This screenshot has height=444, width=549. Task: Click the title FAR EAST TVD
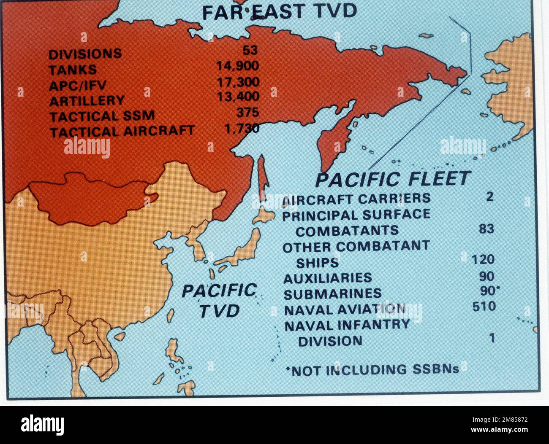(x=279, y=12)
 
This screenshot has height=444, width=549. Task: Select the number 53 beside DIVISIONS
(x=250, y=51)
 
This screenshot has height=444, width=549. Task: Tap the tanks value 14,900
(x=237, y=66)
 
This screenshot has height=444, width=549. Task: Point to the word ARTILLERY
(x=87, y=101)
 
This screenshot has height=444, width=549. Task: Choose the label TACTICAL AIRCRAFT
(x=122, y=132)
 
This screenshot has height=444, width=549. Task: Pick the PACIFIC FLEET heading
(x=393, y=179)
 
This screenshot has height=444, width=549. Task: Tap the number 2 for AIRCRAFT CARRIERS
(x=489, y=196)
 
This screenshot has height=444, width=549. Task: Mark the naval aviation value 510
(x=484, y=306)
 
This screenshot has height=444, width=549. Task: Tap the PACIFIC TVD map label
(x=219, y=301)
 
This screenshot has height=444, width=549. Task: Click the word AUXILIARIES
(x=328, y=278)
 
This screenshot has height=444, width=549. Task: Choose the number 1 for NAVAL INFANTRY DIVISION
(x=491, y=338)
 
